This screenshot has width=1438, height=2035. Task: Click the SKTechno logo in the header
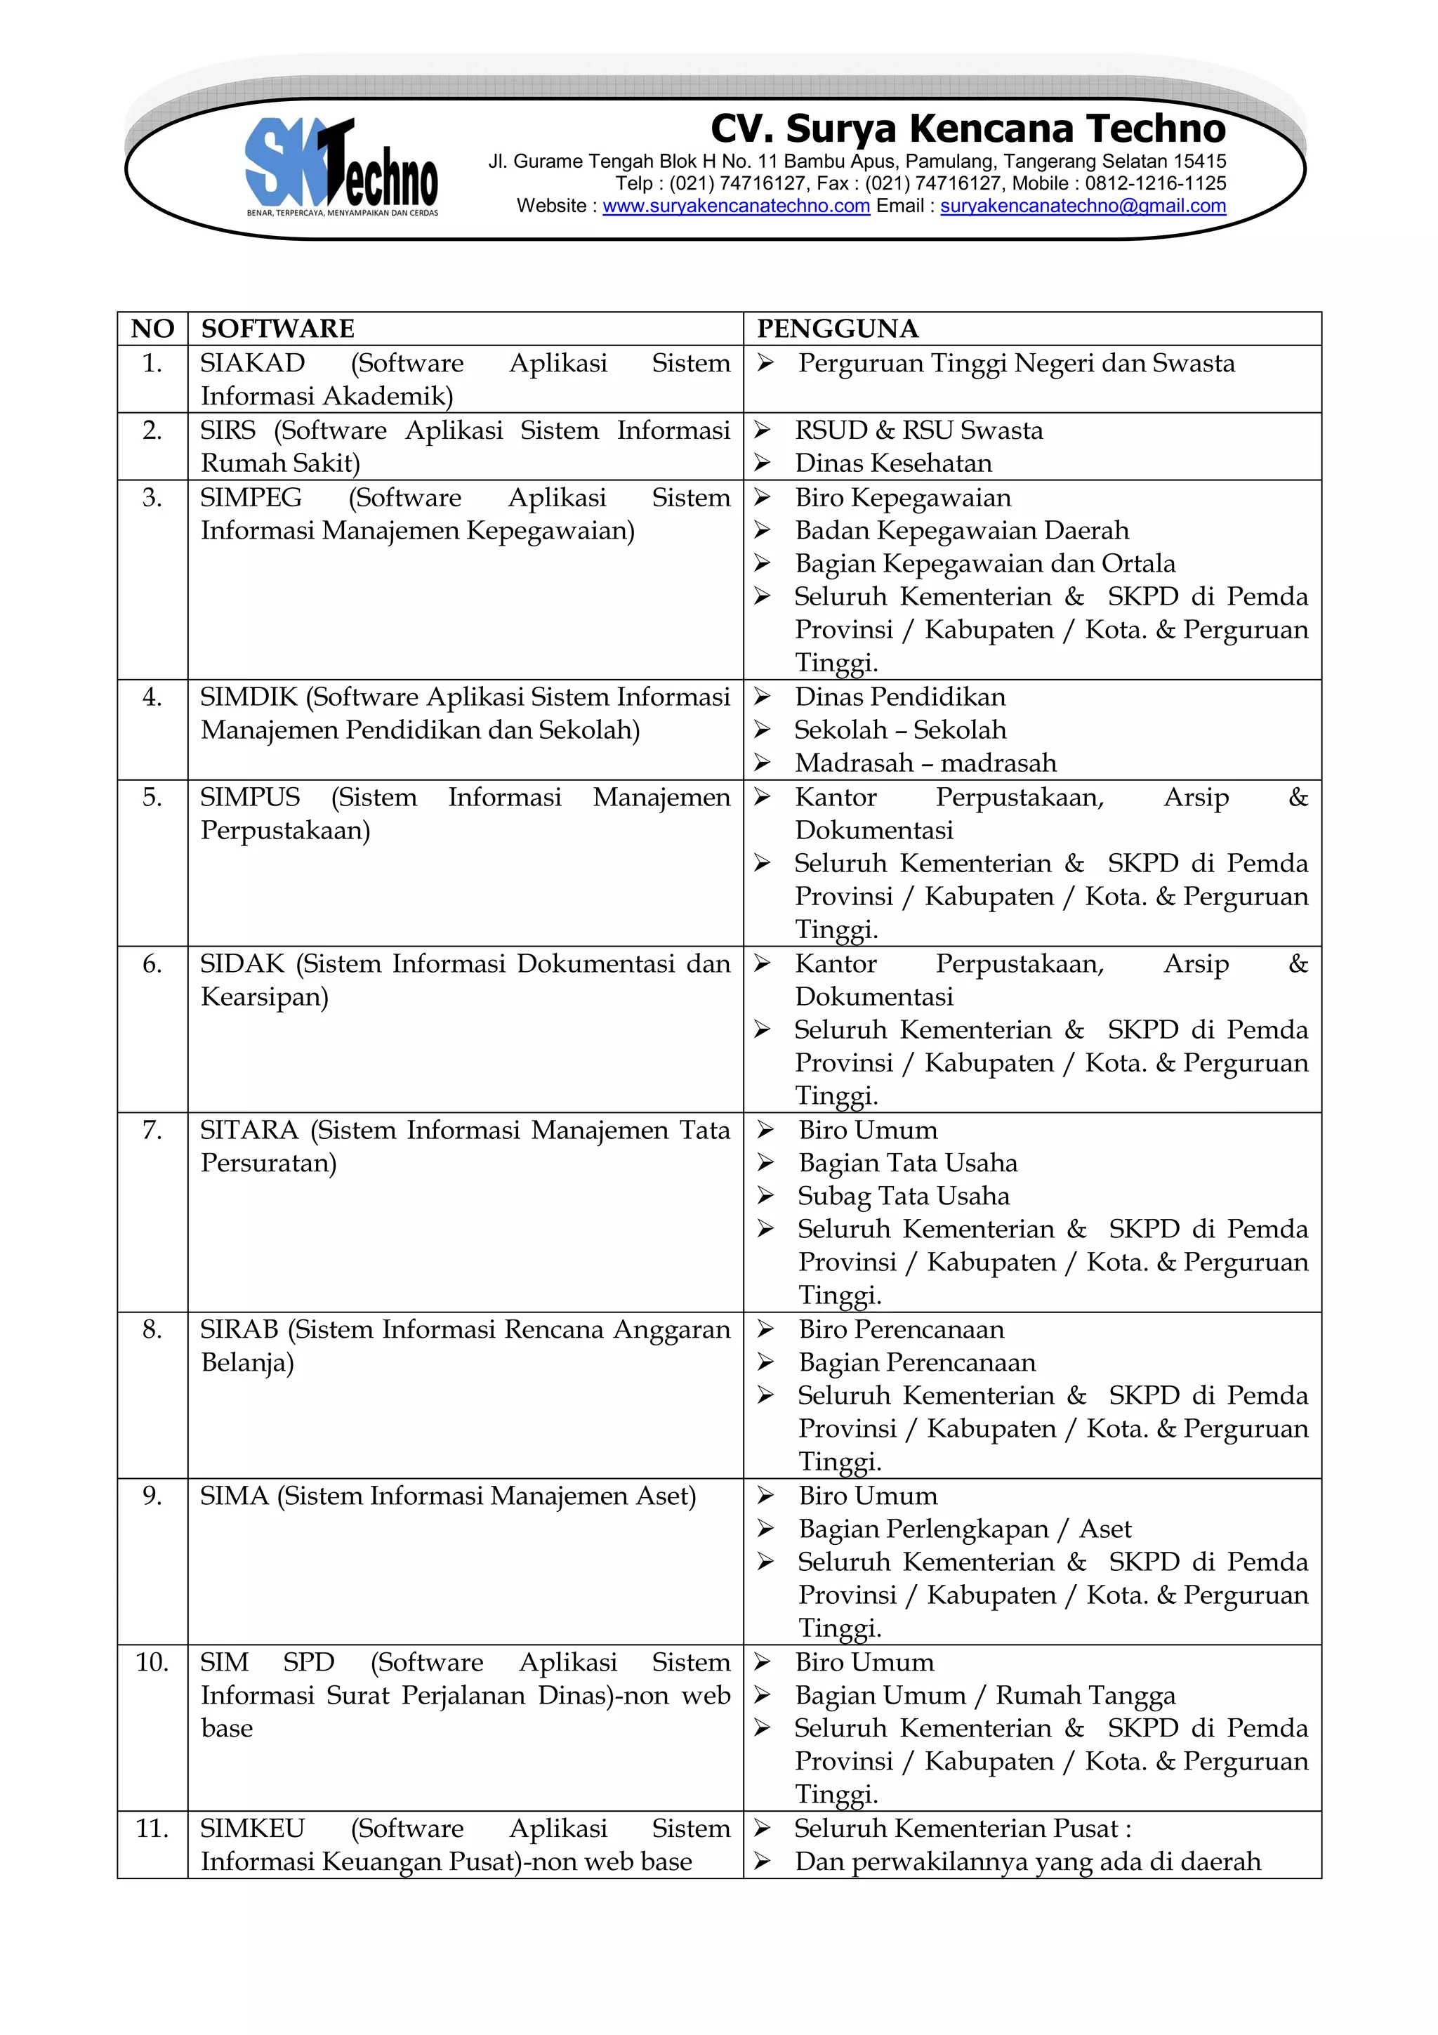(x=341, y=166)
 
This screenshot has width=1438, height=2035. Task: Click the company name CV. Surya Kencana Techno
(x=968, y=129)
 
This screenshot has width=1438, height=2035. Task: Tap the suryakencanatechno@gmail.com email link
(x=1083, y=206)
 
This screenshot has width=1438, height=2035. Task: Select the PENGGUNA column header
(x=837, y=329)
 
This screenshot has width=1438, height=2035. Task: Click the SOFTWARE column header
(x=277, y=329)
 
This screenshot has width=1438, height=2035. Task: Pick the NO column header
(x=152, y=329)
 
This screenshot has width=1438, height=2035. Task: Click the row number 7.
(x=152, y=1130)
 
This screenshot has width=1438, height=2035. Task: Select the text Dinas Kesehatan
(x=893, y=463)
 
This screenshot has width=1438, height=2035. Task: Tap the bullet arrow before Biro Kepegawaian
(x=762, y=497)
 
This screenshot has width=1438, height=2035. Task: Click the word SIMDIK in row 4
(x=249, y=697)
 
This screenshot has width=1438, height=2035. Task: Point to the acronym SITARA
(x=250, y=1130)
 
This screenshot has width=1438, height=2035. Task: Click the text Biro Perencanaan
(x=901, y=1329)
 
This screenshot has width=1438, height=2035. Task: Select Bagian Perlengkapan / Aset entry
(x=964, y=1529)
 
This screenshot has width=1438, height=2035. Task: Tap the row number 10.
(x=152, y=1662)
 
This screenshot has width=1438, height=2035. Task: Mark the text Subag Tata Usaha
(x=903, y=1197)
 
